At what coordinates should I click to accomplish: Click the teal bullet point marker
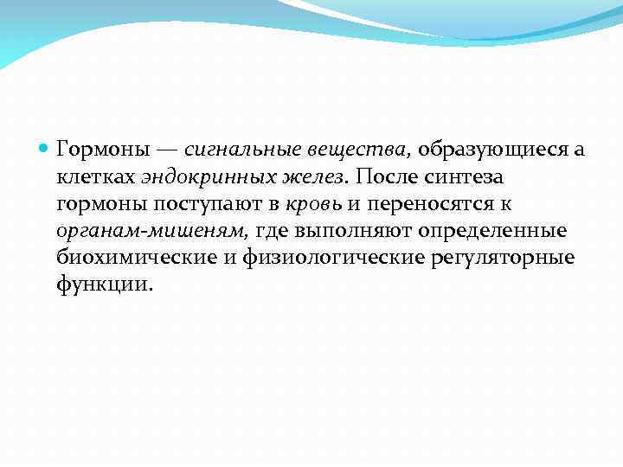click(x=45, y=150)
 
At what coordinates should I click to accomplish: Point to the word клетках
click(x=95, y=177)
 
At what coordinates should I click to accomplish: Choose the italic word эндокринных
click(x=195, y=177)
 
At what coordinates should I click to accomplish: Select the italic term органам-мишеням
click(x=152, y=232)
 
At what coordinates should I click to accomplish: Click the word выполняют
click(x=351, y=232)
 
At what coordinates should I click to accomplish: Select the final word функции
click(x=104, y=285)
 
